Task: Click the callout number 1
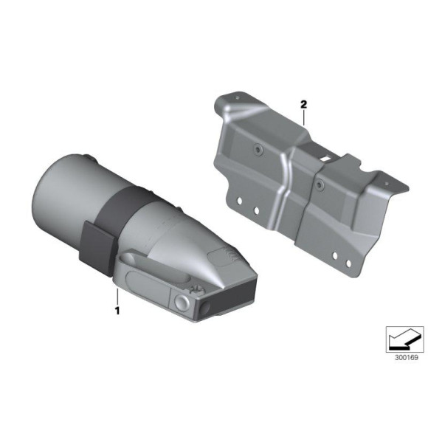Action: pos(117,311)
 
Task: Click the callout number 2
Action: pos(303,104)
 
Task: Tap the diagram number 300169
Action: pos(407,358)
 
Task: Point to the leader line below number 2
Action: pos(303,117)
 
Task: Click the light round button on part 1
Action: pos(182,303)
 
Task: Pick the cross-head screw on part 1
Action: pos(196,290)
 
